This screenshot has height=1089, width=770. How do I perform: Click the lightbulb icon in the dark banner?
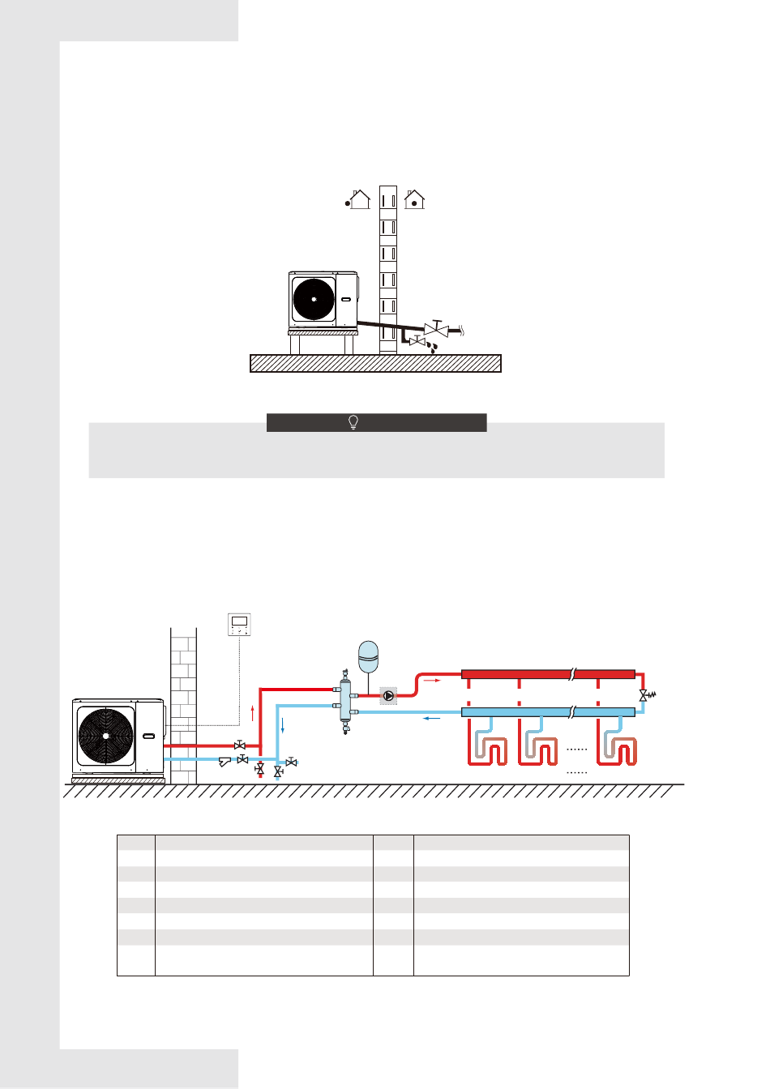pyautogui.click(x=353, y=422)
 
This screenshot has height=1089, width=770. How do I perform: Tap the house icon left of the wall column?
pyautogui.click(x=360, y=199)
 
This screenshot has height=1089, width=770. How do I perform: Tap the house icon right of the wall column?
pyautogui.click(x=415, y=199)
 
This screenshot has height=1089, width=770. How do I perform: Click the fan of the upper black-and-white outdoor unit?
pyautogui.click(x=314, y=299)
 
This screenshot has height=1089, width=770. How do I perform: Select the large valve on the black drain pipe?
pyautogui.click(x=436, y=329)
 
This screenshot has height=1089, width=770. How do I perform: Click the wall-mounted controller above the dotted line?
pyautogui.click(x=239, y=624)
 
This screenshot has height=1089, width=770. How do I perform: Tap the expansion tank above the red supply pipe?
pyautogui.click(x=369, y=655)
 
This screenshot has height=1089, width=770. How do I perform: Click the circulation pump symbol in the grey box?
pyautogui.click(x=389, y=695)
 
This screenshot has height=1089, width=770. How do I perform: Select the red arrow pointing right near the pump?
pyautogui.click(x=432, y=681)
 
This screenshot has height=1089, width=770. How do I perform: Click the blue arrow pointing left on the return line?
pyautogui.click(x=432, y=717)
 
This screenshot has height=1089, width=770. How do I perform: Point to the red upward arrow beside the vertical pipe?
pyautogui.click(x=254, y=713)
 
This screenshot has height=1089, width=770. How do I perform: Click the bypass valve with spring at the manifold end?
pyautogui.click(x=646, y=695)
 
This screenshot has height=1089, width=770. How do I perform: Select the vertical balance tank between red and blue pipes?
pyautogui.click(x=346, y=702)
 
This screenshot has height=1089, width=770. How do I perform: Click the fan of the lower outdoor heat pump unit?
pyautogui.click(x=106, y=736)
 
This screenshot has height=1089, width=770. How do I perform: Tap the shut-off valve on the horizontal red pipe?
pyautogui.click(x=240, y=745)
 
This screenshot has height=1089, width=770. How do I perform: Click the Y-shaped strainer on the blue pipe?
pyautogui.click(x=225, y=761)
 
